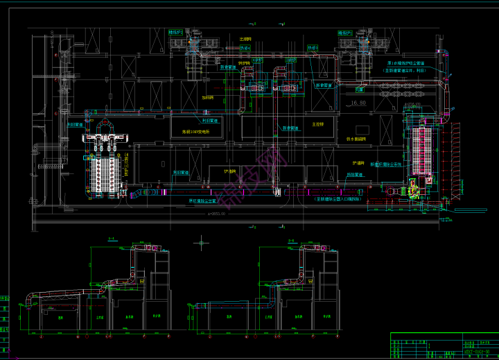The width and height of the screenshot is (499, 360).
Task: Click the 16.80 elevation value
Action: [358, 103]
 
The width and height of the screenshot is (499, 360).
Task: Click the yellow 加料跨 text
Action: [208, 98]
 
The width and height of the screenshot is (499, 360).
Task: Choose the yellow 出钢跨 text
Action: [245, 39]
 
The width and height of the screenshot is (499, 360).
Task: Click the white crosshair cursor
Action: [202, 242]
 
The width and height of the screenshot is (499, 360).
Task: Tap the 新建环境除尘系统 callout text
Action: [383, 164]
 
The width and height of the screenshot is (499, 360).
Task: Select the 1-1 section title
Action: [111, 239]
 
